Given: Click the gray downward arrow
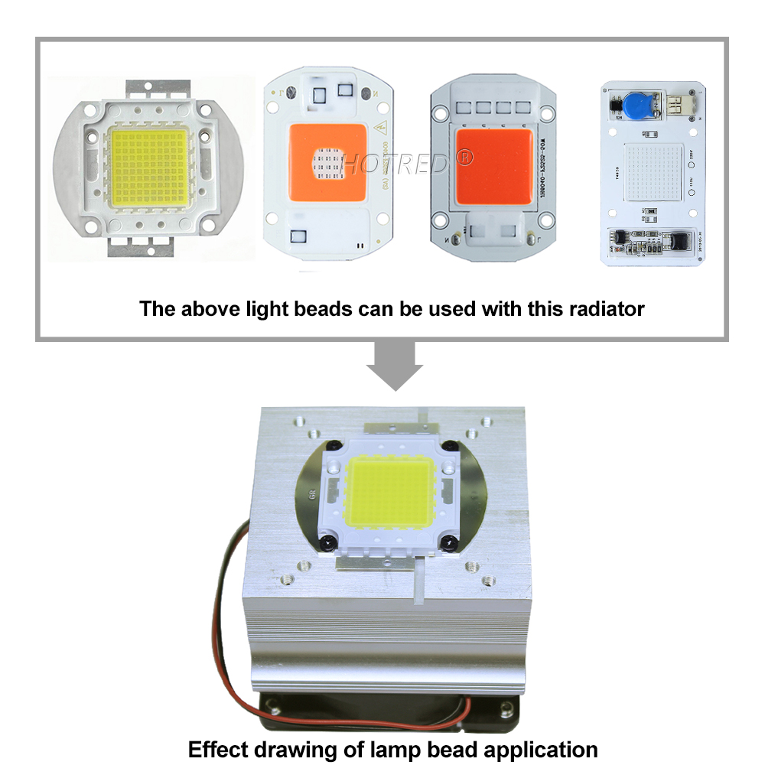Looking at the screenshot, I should (x=394, y=363).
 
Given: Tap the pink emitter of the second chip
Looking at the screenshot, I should (x=327, y=163).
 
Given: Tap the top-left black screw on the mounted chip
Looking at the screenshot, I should (x=334, y=446).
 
